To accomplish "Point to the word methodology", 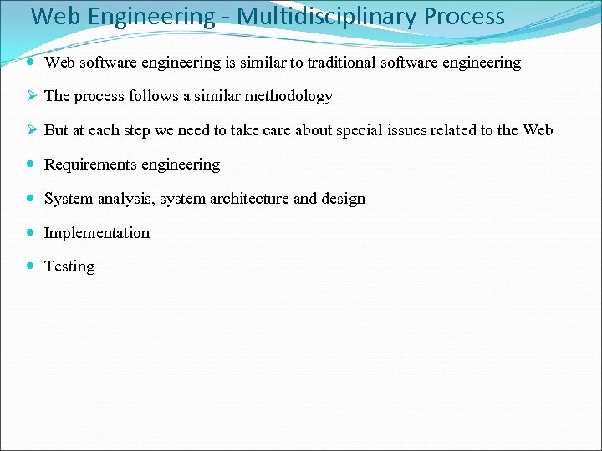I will (288, 96).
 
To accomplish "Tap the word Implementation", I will (97, 233).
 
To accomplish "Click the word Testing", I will (69, 266).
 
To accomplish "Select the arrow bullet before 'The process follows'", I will (30, 96).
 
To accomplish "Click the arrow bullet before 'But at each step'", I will (30, 130).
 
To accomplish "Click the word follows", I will (150, 96).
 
